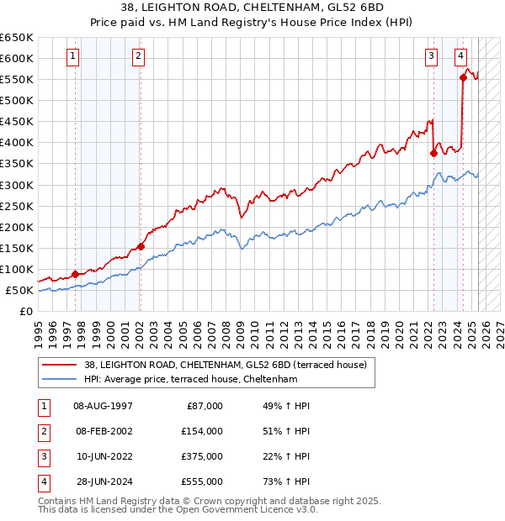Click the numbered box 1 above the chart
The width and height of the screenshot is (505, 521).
pos(73,56)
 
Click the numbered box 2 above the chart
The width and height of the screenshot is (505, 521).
pos(138,56)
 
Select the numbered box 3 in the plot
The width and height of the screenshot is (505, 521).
pos(431,56)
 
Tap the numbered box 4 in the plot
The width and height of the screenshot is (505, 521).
pos(461,56)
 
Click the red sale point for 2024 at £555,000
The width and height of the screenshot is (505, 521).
pos(463,77)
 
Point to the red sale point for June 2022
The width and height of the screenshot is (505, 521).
pos(433,153)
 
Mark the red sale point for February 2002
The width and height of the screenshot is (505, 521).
pos(141,246)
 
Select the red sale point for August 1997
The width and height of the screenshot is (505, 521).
pos(76,274)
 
